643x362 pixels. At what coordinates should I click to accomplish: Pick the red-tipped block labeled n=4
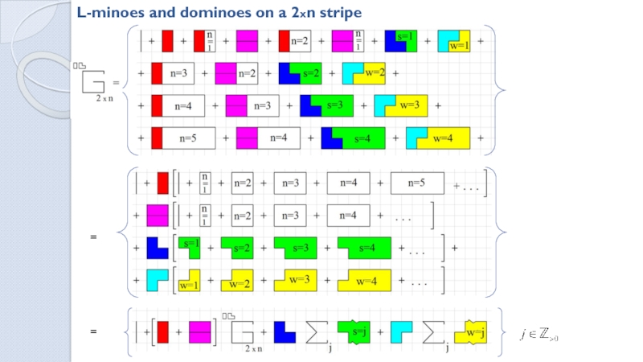178,105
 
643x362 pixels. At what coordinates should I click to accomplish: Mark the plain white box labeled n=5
416,183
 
